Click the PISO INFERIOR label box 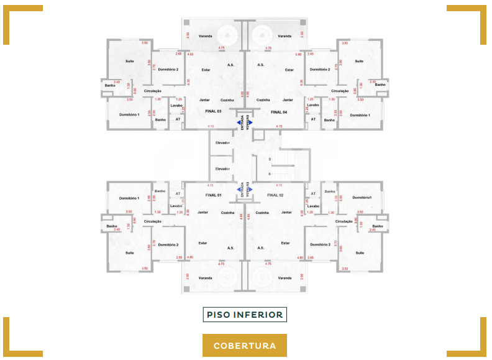click(x=245, y=315)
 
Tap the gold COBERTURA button click(x=245, y=346)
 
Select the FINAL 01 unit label click(x=213, y=195)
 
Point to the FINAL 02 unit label click(x=275, y=195)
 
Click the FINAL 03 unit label click(x=213, y=111)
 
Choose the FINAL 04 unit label click(x=279, y=111)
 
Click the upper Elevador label click(x=222, y=143)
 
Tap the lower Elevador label click(x=222, y=168)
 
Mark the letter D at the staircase click(x=270, y=160)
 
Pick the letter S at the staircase click(x=270, y=174)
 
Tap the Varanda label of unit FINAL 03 click(x=206, y=36)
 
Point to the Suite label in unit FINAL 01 click(x=129, y=253)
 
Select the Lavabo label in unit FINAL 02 click(x=312, y=206)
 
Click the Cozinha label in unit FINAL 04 click(x=264, y=99)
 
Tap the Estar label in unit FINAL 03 click(x=206, y=70)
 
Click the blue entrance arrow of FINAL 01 click(x=240, y=190)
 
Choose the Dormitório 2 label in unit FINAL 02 click(x=319, y=244)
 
